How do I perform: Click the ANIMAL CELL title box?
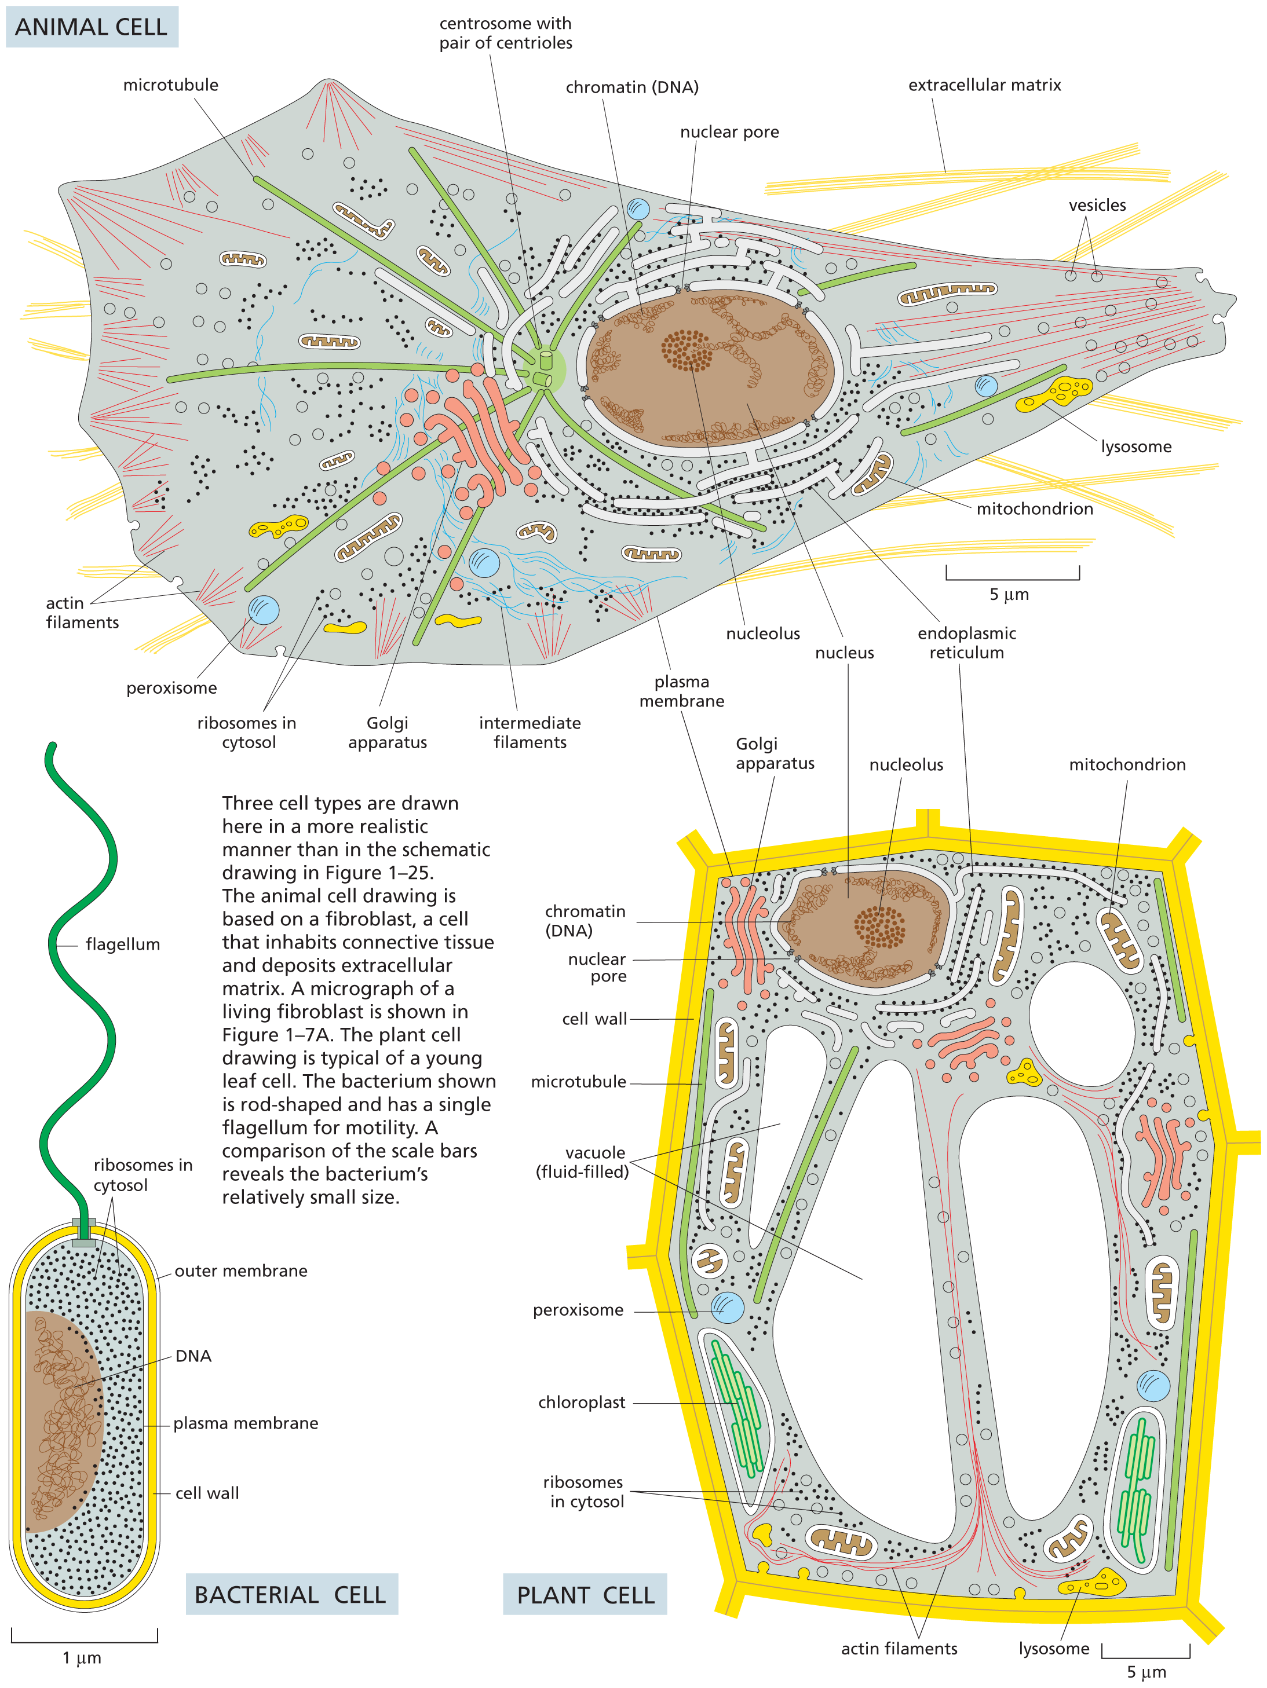click(91, 27)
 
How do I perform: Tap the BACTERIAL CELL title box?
click(291, 1594)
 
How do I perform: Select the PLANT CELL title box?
click(585, 1595)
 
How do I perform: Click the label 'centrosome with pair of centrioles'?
click(505, 34)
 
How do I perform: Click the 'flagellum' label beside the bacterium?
click(122, 944)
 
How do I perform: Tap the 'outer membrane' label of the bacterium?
click(240, 1270)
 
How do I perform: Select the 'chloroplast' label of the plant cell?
click(581, 1402)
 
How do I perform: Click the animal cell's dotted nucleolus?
click(686, 350)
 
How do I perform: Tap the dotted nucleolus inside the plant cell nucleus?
click(879, 927)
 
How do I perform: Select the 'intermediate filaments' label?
click(530, 732)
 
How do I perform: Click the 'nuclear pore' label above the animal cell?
click(729, 132)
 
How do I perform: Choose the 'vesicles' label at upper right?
click(1097, 204)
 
